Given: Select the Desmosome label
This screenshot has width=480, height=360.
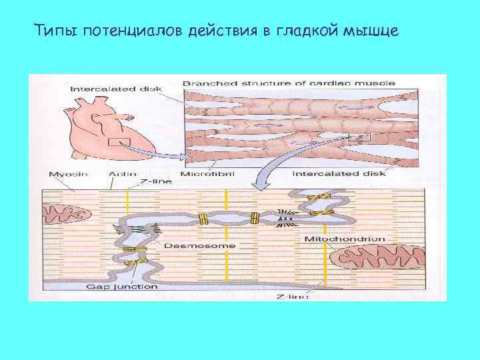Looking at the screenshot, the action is pos(210,245).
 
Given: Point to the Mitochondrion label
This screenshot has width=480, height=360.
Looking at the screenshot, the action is pos(344,239).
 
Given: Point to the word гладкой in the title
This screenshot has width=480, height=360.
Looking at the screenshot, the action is pos(311,31).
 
